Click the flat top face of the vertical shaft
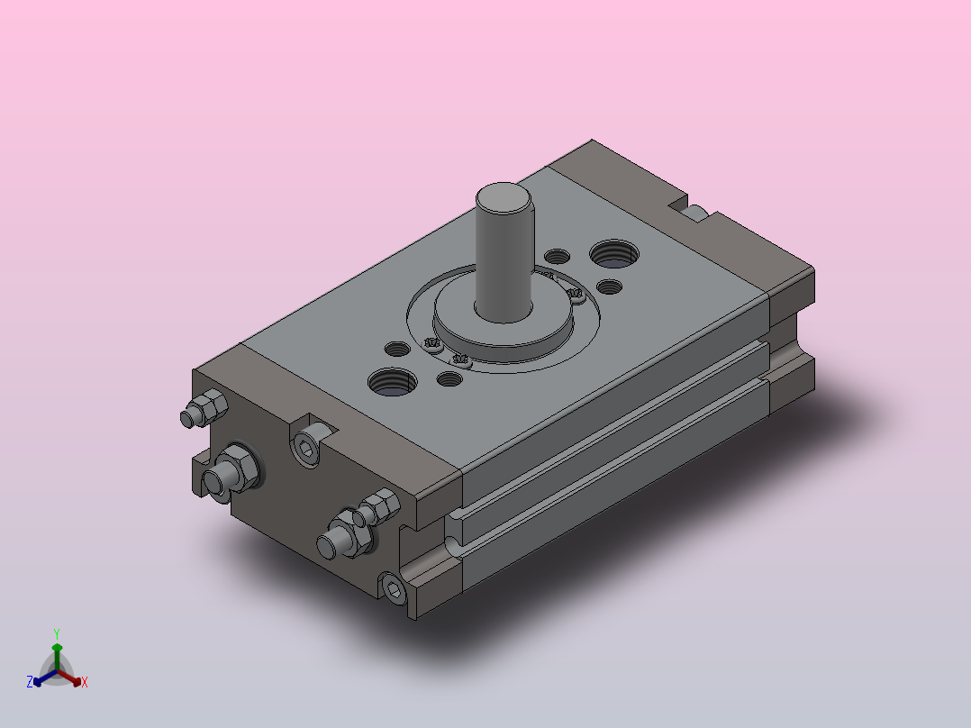point(504,198)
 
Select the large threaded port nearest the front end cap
point(393,382)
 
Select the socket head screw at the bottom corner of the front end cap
point(394,588)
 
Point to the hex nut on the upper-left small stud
point(211,405)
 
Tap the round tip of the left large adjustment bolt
point(213,482)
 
